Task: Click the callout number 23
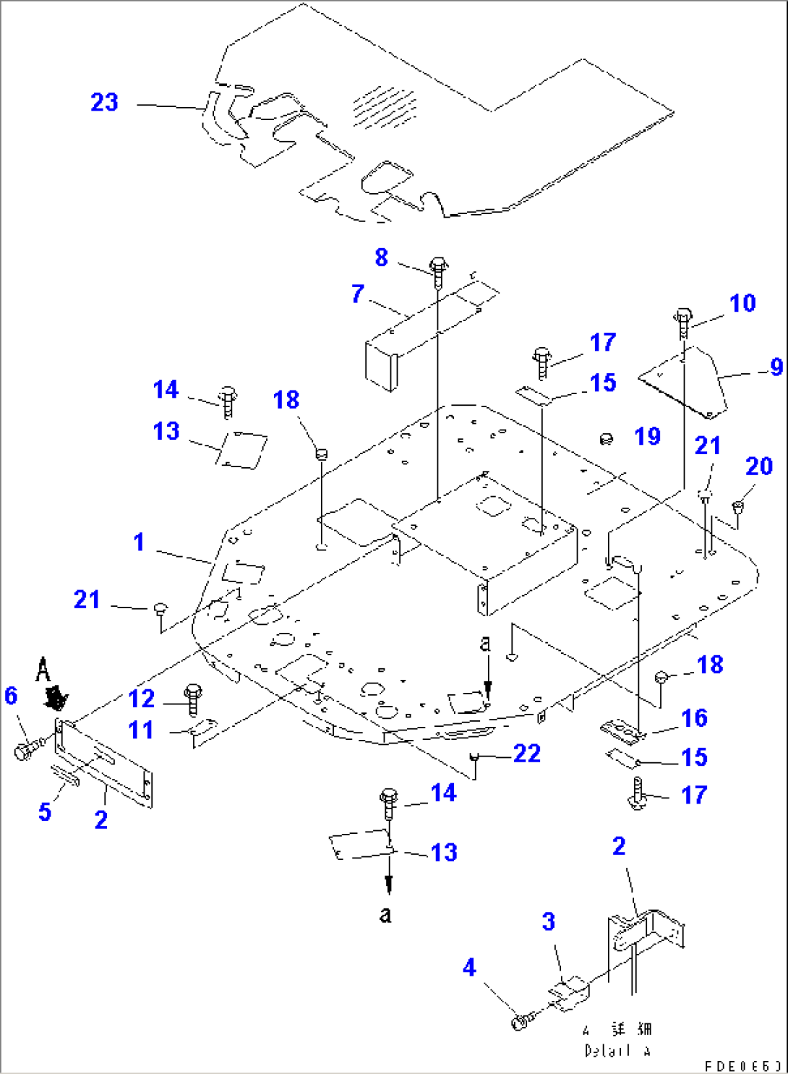tap(104, 102)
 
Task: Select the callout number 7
tap(358, 294)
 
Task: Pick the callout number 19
tap(647, 436)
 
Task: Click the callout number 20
tap(759, 466)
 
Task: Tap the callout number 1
tap(139, 542)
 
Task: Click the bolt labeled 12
tap(193, 698)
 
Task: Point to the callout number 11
tap(141, 730)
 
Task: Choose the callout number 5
tap(45, 811)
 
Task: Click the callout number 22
tap(527, 754)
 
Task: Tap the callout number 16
tap(694, 717)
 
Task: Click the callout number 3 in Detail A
tap(549, 921)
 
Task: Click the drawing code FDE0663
tap(743, 1066)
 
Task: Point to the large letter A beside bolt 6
tap(43, 670)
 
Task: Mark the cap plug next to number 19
tap(607, 438)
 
